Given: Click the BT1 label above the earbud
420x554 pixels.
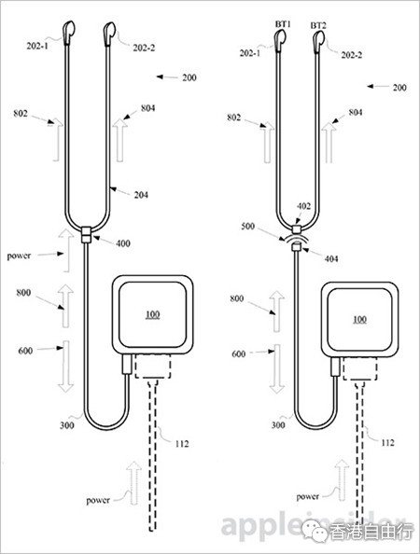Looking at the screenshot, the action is (283, 24).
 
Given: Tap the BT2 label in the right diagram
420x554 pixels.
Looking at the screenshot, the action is (318, 25).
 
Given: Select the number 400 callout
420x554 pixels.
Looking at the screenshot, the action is (123, 243).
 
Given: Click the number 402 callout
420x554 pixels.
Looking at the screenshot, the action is (303, 206).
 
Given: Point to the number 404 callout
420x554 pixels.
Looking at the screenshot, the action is (331, 258).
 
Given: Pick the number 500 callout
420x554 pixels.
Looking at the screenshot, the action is (247, 226).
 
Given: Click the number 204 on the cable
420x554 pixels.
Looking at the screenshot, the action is (141, 195).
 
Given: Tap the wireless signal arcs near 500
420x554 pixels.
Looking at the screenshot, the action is (297, 238).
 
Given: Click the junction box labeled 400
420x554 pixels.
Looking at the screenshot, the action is (87, 235).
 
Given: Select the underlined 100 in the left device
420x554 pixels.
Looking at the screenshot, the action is (152, 314).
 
